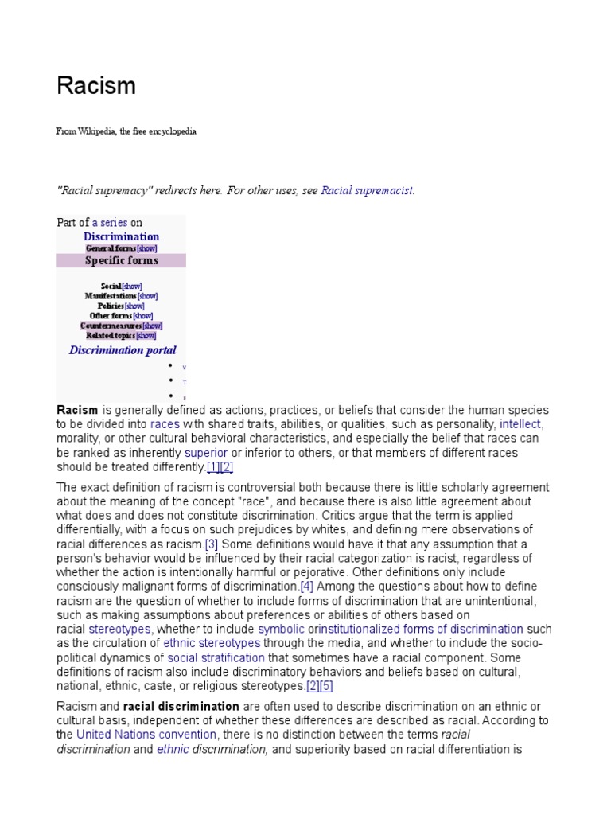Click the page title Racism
(96, 86)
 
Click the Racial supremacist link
(367, 191)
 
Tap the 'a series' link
(110, 223)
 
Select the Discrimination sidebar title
(121, 236)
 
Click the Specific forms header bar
(121, 260)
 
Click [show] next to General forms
(146, 248)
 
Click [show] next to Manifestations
(147, 296)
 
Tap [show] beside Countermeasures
(152, 326)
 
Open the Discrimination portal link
(123, 350)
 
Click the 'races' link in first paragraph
(165, 424)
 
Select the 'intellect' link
(520, 424)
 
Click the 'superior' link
(206, 453)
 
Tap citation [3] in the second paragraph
(212, 544)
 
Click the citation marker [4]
(307, 587)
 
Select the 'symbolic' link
(281, 630)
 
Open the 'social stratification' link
(216, 657)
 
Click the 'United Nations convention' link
(146, 735)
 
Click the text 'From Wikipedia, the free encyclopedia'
(126, 131)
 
